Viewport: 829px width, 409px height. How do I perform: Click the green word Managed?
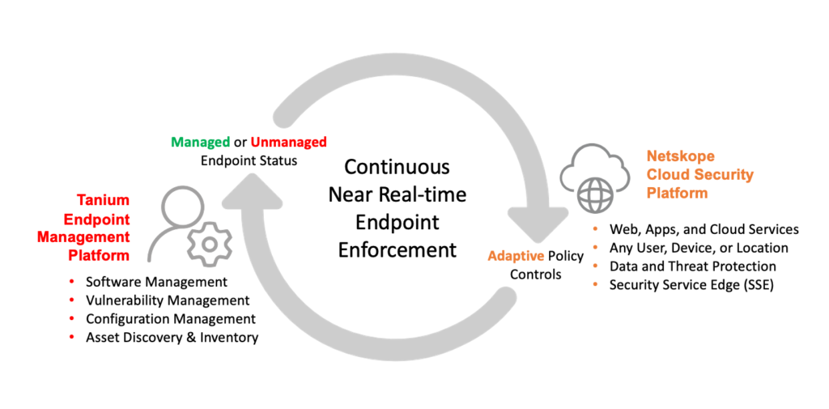tap(200, 143)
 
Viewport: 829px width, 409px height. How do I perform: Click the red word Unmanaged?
tap(289, 143)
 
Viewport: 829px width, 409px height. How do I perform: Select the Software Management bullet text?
tap(156, 282)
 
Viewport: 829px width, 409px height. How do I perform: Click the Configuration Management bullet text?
tap(171, 319)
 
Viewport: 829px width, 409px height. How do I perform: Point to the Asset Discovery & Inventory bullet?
tap(172, 338)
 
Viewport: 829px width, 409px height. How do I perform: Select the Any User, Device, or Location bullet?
tap(699, 248)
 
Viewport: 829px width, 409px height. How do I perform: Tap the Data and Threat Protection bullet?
tap(692, 266)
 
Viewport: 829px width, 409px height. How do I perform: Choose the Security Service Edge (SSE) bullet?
tap(691, 285)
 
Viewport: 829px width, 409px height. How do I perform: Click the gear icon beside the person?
tap(209, 242)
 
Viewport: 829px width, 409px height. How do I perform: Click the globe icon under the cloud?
tap(594, 195)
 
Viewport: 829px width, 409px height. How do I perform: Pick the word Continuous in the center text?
tap(397, 168)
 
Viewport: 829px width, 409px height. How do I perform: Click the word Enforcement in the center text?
tap(397, 249)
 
